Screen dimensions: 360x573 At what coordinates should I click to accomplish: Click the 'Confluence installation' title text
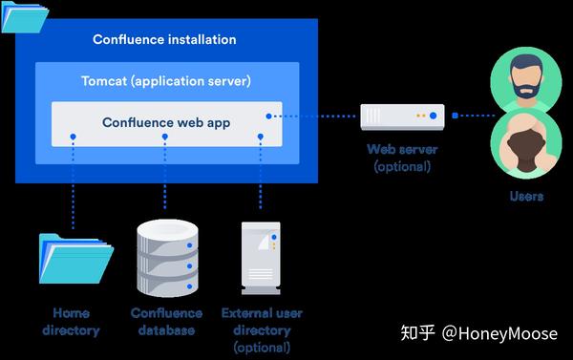tap(164, 39)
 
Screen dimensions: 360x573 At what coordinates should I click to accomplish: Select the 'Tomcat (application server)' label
tap(166, 81)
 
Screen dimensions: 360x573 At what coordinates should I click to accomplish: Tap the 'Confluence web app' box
tap(166, 122)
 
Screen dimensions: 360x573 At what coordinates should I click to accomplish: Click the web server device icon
tap(401, 116)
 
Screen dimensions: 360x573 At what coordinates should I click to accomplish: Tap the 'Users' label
tap(526, 196)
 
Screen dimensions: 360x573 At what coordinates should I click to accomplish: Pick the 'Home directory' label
tap(71, 321)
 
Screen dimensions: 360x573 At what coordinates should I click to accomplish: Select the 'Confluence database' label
tap(166, 321)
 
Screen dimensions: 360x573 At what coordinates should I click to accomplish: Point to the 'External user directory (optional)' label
tap(261, 329)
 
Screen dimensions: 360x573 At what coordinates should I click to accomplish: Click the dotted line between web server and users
tap(473, 116)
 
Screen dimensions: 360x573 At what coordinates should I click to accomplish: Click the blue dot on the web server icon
tap(433, 116)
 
